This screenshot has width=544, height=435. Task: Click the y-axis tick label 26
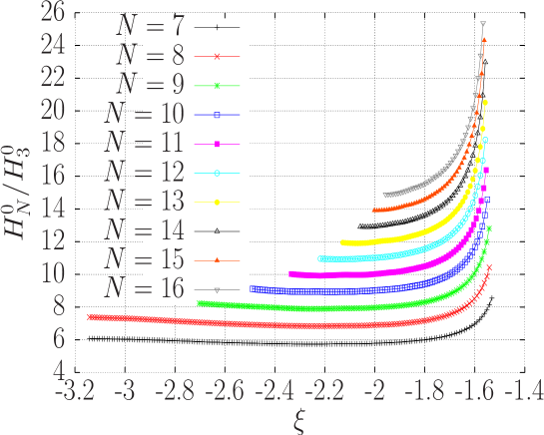pos(53,13)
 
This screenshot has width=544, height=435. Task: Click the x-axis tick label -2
pos(377,391)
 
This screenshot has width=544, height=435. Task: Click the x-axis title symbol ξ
pos(297,421)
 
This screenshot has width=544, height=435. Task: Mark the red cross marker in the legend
pos(217,57)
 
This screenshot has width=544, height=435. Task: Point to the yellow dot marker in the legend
pos(217,203)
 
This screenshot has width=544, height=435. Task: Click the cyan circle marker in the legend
pos(217,174)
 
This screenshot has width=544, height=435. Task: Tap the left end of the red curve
pos(89,316)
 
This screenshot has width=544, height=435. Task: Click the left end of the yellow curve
pos(342,242)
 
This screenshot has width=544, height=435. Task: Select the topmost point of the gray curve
pos(483,23)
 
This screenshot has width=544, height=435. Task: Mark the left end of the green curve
pos(199,303)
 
